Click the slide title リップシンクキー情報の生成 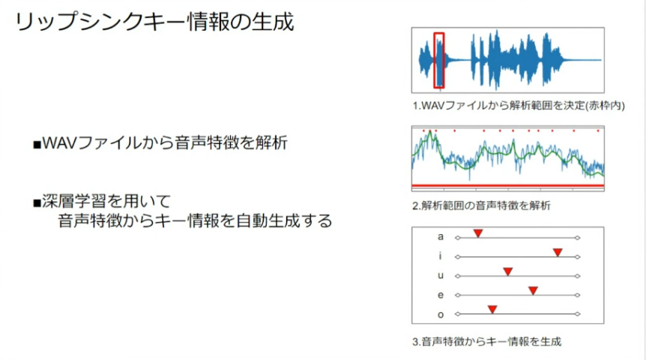[x=154, y=22]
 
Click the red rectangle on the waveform [x=434, y=60]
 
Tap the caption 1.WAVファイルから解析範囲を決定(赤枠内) [x=519, y=106]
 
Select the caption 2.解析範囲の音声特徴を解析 [x=481, y=205]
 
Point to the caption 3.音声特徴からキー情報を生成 [x=486, y=341]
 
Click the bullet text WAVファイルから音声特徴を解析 [x=165, y=143]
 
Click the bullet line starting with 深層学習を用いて [x=106, y=202]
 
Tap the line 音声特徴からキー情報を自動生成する [x=195, y=220]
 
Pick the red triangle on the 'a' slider [x=478, y=233]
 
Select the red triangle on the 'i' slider [x=558, y=252]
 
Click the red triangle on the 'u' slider [x=507, y=271]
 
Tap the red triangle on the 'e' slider [x=533, y=291]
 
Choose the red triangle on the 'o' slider [x=492, y=310]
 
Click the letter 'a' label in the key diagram [x=441, y=237]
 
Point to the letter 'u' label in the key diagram [x=441, y=275]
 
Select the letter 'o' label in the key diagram [x=441, y=315]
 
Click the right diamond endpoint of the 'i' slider [x=578, y=257]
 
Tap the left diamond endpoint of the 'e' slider [x=457, y=295]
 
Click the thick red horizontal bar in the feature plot [x=508, y=186]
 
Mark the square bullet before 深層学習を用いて [x=37, y=203]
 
